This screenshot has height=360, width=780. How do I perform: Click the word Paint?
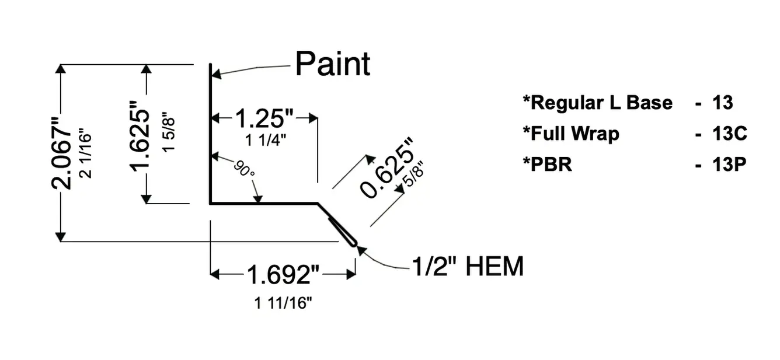[333, 64]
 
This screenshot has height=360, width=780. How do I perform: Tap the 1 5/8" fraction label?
[169, 132]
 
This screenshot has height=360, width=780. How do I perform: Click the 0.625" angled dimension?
[387, 169]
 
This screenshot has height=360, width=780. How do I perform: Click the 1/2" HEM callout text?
[467, 267]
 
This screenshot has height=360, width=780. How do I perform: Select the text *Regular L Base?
[597, 103]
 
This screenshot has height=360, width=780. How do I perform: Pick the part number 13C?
[729, 134]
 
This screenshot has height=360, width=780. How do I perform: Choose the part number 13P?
[729, 165]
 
